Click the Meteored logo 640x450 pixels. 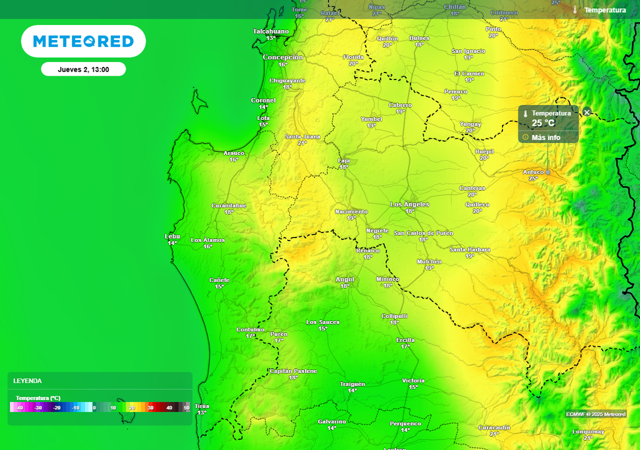pyautogui.click(x=83, y=41)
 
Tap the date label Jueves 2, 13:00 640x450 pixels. pyautogui.click(x=83, y=69)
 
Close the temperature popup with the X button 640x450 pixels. pyautogui.click(x=587, y=112)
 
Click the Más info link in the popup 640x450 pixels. pyautogui.click(x=546, y=137)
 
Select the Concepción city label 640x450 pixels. pyautogui.click(x=282, y=57)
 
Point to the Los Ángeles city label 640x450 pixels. pyautogui.click(x=410, y=204)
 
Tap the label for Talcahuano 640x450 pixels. pyautogui.click(x=271, y=31)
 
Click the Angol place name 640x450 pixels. pyautogui.click(x=345, y=279)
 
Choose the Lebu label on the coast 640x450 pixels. pyautogui.click(x=172, y=236)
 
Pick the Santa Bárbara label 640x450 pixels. pyautogui.click(x=470, y=249)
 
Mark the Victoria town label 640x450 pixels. pyautogui.click(x=413, y=381)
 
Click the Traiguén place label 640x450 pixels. pyautogui.click(x=352, y=384)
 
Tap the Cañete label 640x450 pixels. pyautogui.click(x=219, y=280)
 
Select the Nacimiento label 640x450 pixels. pyautogui.click(x=351, y=211)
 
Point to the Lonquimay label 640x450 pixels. pyautogui.click(x=588, y=432)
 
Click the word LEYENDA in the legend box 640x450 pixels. pyautogui.click(x=27, y=381)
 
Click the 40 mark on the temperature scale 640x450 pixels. pyautogui.click(x=169, y=407)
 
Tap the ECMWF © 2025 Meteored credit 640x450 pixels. pyautogui.click(x=596, y=414)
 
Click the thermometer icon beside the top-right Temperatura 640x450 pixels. pyautogui.click(x=575, y=10)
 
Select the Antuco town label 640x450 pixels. pyautogui.click(x=533, y=172)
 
